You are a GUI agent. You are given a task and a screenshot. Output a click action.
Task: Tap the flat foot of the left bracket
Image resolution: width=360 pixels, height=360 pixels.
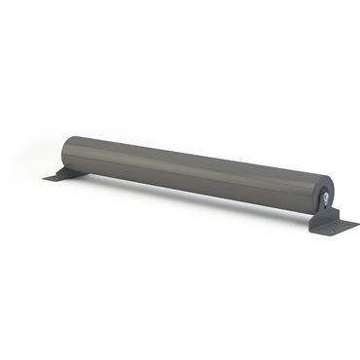[58, 177]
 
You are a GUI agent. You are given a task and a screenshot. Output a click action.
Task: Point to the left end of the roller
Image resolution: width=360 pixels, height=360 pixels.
[66, 151]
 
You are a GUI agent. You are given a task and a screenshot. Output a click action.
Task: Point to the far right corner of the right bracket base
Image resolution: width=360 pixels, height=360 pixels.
[357, 223]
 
